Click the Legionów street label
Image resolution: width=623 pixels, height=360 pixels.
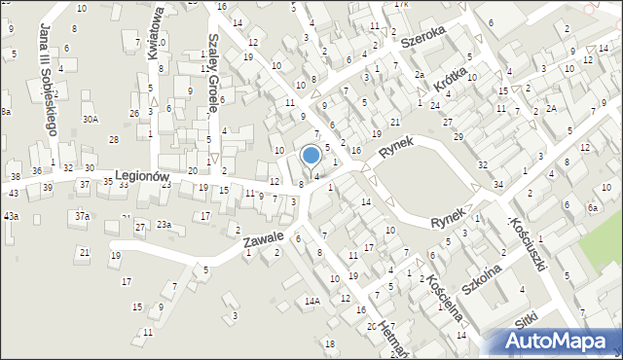142,176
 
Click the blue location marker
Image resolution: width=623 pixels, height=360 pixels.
311,155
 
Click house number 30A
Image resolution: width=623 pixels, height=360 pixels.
90,120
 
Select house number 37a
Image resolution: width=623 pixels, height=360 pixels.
83,215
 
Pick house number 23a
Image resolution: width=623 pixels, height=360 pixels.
164,225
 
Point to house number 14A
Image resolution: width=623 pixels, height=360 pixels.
311,302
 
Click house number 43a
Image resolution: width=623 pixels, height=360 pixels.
10,215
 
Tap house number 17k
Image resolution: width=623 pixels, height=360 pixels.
401,5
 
